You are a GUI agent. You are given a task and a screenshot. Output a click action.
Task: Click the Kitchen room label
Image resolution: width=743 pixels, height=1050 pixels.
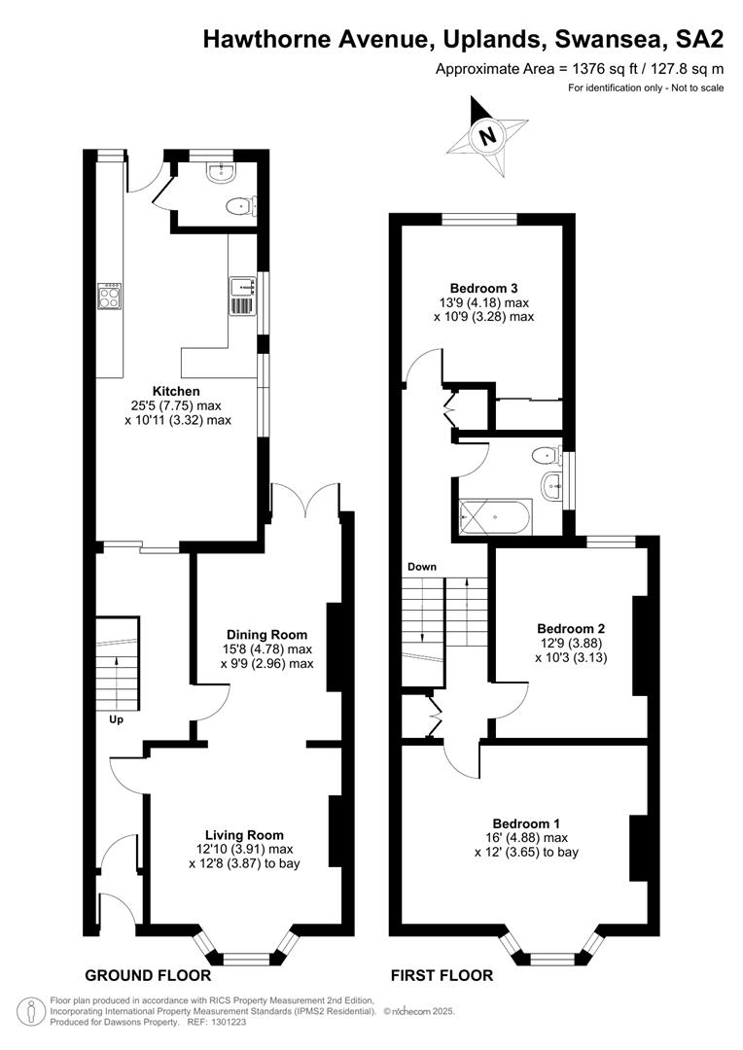click(176, 391)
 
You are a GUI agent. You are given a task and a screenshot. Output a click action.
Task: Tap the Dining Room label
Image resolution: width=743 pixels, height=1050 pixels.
click(266, 635)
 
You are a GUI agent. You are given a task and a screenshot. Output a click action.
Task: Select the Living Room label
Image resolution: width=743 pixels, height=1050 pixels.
click(244, 835)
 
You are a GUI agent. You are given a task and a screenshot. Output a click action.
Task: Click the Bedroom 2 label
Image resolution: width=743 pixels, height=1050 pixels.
click(571, 629)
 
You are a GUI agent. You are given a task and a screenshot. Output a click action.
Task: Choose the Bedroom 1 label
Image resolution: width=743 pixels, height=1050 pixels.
click(526, 823)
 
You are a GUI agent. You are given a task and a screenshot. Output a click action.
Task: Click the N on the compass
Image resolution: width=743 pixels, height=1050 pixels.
click(487, 137)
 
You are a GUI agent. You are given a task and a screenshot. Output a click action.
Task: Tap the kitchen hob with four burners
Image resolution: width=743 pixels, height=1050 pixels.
click(110, 296)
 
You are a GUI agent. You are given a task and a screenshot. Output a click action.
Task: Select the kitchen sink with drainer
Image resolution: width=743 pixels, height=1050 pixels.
click(242, 296)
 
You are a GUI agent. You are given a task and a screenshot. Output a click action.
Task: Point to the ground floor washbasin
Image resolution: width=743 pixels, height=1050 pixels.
click(220, 173)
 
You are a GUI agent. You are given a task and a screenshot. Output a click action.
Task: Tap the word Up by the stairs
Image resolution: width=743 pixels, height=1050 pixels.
click(117, 720)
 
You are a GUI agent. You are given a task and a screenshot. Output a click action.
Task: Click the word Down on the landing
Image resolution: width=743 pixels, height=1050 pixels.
click(422, 567)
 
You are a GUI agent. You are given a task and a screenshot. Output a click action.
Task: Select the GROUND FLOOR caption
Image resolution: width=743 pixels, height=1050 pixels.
click(148, 975)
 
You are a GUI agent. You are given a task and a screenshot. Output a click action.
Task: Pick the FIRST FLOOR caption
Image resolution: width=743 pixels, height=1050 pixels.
click(442, 976)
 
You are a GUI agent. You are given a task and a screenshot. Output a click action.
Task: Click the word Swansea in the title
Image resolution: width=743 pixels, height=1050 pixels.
click(606, 40)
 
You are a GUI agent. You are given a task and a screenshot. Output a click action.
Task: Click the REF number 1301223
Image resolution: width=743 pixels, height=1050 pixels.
click(229, 1023)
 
